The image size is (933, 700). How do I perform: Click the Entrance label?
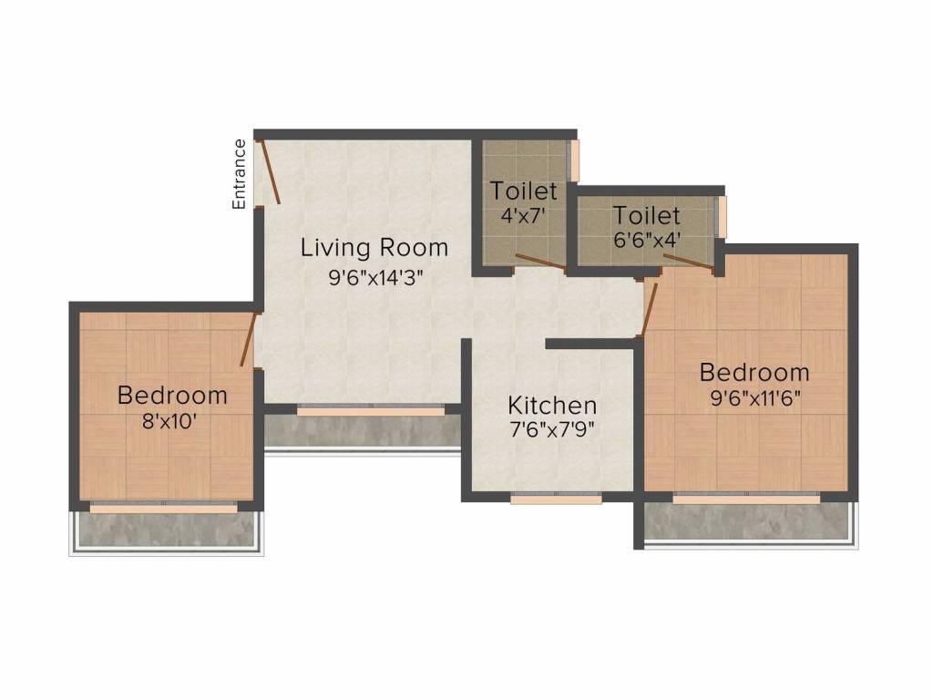[x=239, y=174]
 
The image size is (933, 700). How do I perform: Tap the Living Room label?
[x=374, y=248]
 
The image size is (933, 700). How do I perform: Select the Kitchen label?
[x=552, y=406]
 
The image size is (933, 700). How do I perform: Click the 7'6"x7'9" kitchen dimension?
[x=552, y=429]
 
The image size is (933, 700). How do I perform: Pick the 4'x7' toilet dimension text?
[x=523, y=215]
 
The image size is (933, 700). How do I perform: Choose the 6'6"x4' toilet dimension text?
[x=647, y=240]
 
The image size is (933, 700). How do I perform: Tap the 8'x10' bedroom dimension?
[x=169, y=421]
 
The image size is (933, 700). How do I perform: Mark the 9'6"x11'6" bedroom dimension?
[x=755, y=397]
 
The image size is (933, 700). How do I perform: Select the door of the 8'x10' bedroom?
[x=248, y=339]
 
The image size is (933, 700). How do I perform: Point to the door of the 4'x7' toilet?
[x=540, y=262]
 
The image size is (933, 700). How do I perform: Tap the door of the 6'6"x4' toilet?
[x=689, y=262]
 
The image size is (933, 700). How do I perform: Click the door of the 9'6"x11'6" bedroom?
[x=649, y=310]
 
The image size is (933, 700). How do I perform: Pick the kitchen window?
[x=556, y=499]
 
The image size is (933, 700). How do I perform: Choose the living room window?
[x=371, y=410]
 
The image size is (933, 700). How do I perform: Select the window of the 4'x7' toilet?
[x=575, y=160]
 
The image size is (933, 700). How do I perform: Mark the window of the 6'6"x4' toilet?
[x=723, y=215]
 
